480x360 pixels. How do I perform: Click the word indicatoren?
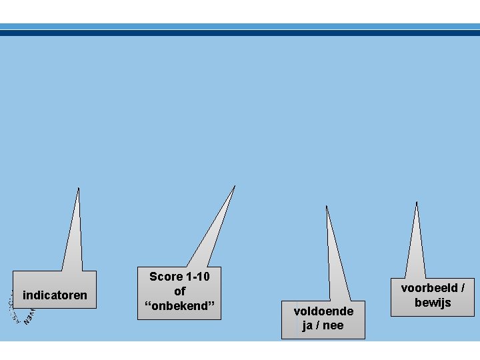pos(55,295)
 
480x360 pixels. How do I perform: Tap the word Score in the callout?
pos(165,277)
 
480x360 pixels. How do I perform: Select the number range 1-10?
pos(197,277)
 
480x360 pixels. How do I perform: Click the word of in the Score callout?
pos(179,291)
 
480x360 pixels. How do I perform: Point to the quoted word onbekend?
pos(179,306)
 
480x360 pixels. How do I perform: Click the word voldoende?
pos(323,311)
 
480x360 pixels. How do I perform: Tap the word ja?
pos(307,325)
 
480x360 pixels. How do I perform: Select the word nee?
pos(333,325)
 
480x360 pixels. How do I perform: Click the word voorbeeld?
pos(429,288)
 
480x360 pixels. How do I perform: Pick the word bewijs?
pos(433,303)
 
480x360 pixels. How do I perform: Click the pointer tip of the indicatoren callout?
pos(79,189)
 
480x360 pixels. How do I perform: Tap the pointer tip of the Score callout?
pos(235,186)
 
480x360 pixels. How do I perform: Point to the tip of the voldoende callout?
pos(326,206)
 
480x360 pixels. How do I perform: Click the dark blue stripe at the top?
pos(240,33)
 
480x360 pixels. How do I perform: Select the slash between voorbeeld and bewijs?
pos(462,288)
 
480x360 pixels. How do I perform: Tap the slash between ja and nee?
pos(318,325)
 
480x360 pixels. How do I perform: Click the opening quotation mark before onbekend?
pos(147,305)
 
